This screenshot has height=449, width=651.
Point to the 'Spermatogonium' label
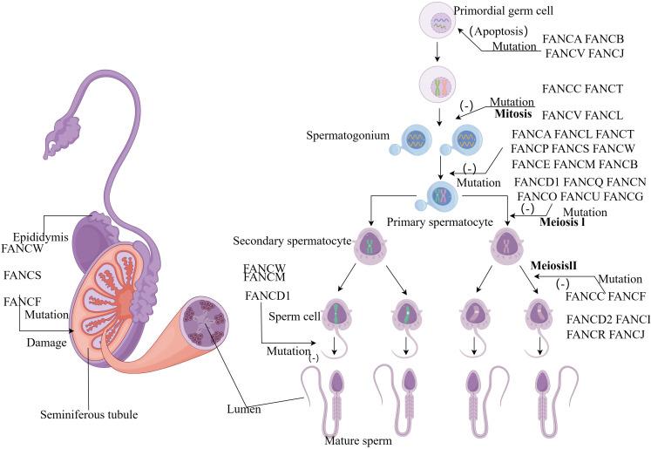tap(346, 137)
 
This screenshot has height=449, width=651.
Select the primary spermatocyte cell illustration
tap(437, 194)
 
